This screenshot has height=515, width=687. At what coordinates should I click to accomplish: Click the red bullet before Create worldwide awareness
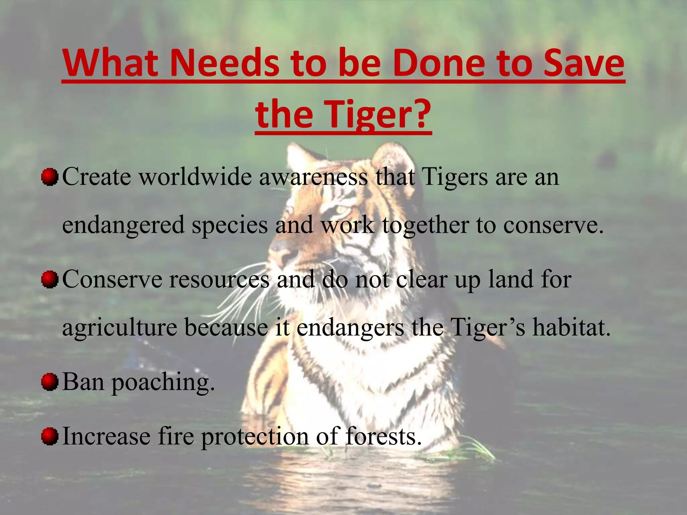[50, 177]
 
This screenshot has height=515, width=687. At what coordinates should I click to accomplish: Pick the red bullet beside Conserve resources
[50, 279]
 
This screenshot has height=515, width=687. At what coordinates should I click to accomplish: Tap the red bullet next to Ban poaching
[50, 382]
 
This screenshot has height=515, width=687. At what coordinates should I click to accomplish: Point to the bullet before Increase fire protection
[50, 437]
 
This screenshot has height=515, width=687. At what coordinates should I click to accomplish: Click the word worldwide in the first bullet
[195, 177]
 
